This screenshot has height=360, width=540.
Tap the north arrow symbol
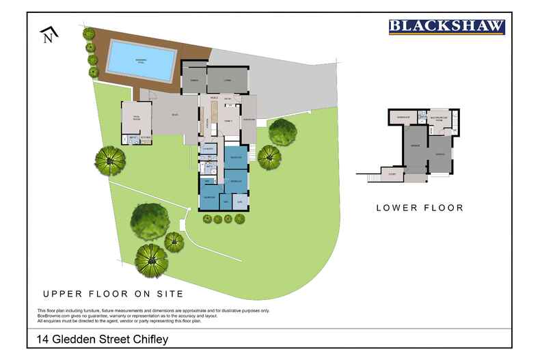point(48,34)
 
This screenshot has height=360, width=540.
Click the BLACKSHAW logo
point(447,27)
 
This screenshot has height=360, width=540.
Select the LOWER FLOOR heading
point(420,208)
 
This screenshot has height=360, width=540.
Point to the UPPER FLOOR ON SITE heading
point(113,294)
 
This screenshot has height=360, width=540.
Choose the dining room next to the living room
point(193,80)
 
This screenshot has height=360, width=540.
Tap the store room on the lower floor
point(392,175)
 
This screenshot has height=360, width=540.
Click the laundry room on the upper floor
point(208,148)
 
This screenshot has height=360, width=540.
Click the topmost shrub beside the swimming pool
point(87,32)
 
